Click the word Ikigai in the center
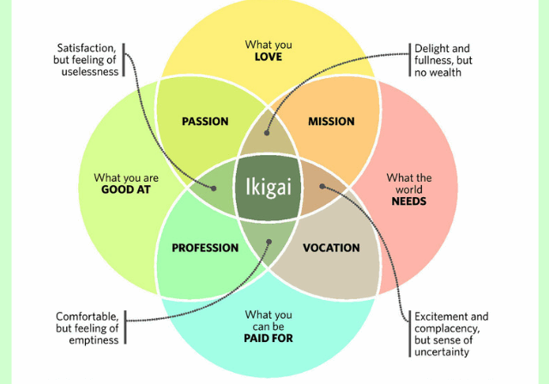[268, 184]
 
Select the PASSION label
[205, 121]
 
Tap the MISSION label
[331, 121]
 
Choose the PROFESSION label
[205, 248]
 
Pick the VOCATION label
[331, 248]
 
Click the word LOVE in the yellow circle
[268, 57]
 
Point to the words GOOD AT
[126, 189]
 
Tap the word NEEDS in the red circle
[409, 201]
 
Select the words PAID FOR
[268, 339]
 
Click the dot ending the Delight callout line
[268, 135]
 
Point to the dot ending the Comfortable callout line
[268, 242]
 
